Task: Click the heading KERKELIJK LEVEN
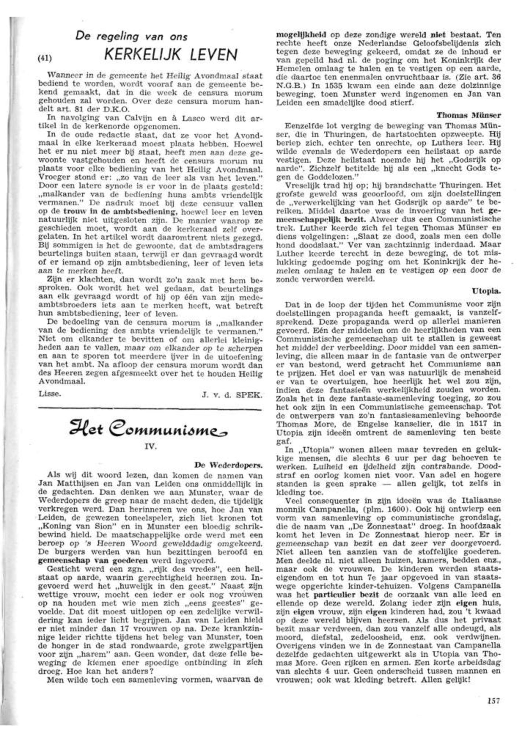pyautogui.click(x=171, y=55)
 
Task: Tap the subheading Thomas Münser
pyautogui.click(x=468, y=115)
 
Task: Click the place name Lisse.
pyautogui.click(x=49, y=394)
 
